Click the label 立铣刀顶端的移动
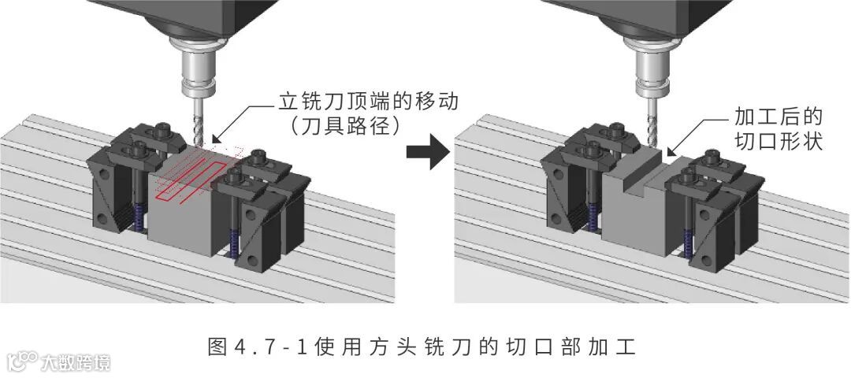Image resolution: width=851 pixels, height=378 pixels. click(x=369, y=102)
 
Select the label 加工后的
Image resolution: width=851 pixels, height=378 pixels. click(x=779, y=118)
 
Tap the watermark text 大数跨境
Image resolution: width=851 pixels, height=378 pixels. click(x=76, y=362)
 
